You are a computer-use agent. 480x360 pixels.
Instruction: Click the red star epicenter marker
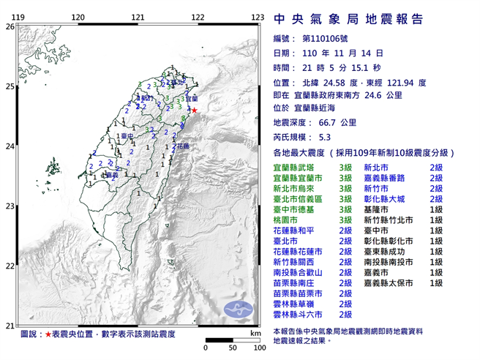coord(194,110)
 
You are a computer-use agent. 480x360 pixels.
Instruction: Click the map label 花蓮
coord(183,146)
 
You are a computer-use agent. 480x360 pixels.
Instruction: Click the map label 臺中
coord(127,137)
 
